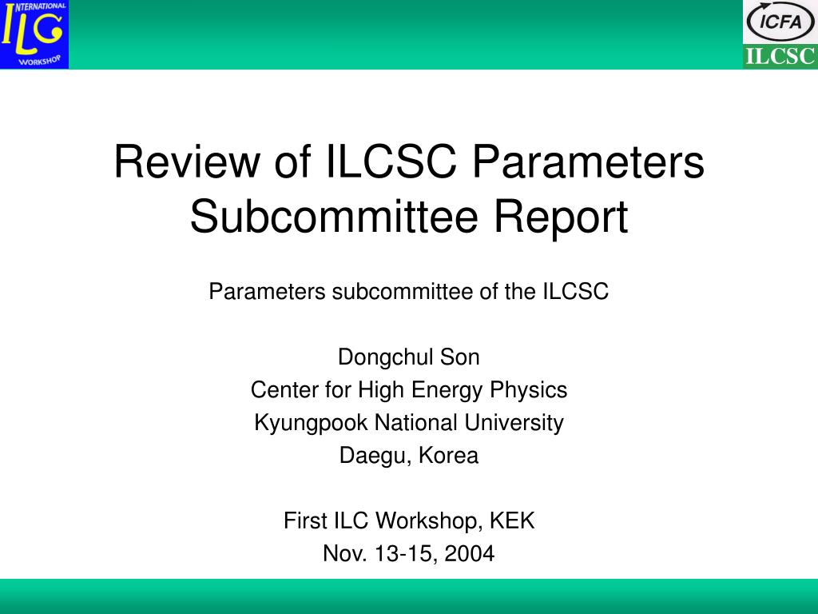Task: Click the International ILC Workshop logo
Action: [x=34, y=34]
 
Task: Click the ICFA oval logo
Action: [x=780, y=22]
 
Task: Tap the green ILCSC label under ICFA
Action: [x=780, y=57]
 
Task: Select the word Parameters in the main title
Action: [x=589, y=161]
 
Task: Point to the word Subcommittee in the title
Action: [x=334, y=217]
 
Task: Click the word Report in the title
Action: [x=562, y=218]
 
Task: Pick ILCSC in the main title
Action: [x=391, y=161]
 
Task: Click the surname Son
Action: [x=459, y=357]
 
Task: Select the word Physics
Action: [x=528, y=390]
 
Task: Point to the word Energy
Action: [x=446, y=391]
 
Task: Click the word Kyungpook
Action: [x=311, y=424]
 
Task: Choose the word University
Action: [x=514, y=424]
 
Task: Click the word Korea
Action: [x=449, y=455]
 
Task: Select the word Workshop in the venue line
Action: [x=429, y=521]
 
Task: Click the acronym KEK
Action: [x=512, y=520]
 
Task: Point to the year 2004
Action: [x=470, y=553]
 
